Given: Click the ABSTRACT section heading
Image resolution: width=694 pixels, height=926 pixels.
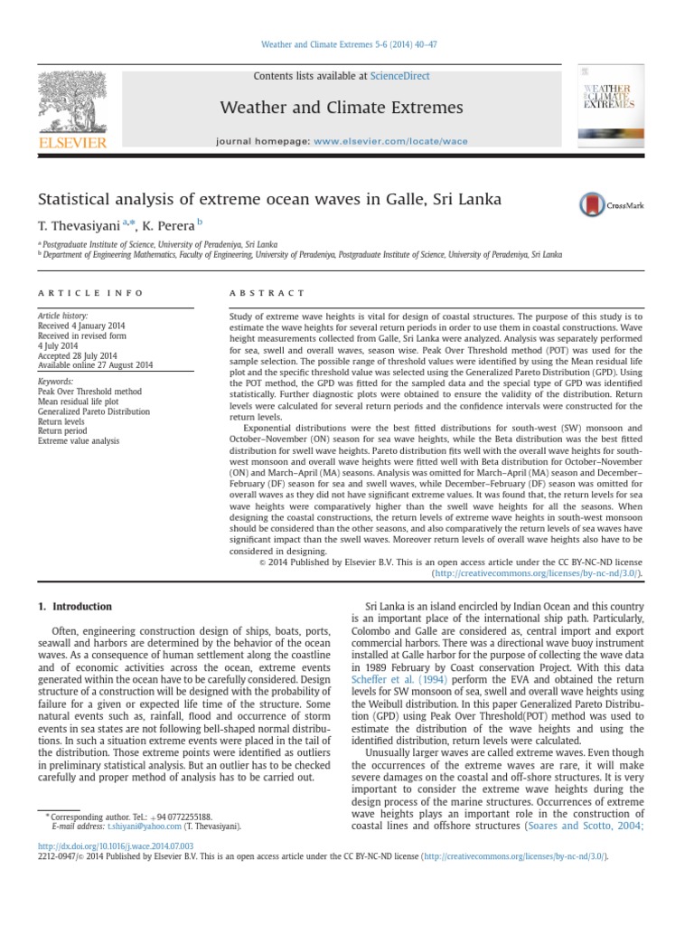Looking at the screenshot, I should (x=268, y=293).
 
